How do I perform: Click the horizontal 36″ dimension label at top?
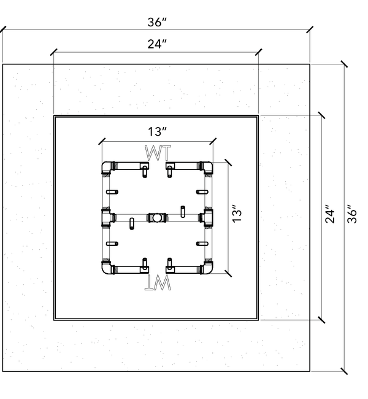click(x=157, y=22)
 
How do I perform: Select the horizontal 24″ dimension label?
click(x=157, y=44)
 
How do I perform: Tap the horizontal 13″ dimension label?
click(x=157, y=131)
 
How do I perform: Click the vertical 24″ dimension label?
click(x=330, y=214)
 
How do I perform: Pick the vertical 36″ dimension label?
click(x=352, y=214)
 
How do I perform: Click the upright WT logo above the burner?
click(x=158, y=153)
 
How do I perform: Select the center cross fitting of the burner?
click(x=157, y=217)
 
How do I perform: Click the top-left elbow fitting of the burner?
click(x=107, y=168)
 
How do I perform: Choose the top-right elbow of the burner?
click(x=207, y=168)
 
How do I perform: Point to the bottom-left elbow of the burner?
click(x=107, y=267)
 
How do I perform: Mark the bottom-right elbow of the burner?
click(x=207, y=267)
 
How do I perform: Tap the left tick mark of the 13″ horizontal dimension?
click(x=102, y=141)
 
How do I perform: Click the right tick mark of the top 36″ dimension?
click(x=310, y=29)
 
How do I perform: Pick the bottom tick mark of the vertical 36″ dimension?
click(x=344, y=371)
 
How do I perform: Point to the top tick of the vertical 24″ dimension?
click(x=322, y=115)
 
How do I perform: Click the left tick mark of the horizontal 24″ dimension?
click(x=53, y=52)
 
